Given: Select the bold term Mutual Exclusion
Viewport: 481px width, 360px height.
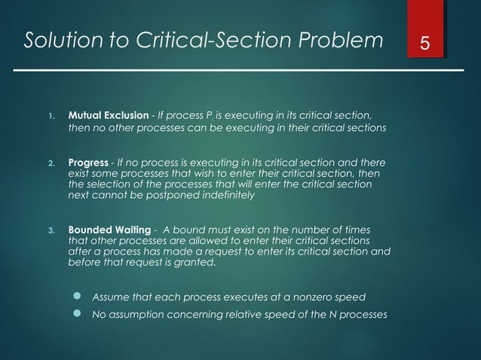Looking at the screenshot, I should click(109, 115).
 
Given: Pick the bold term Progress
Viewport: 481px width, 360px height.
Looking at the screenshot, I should click(88, 163).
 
